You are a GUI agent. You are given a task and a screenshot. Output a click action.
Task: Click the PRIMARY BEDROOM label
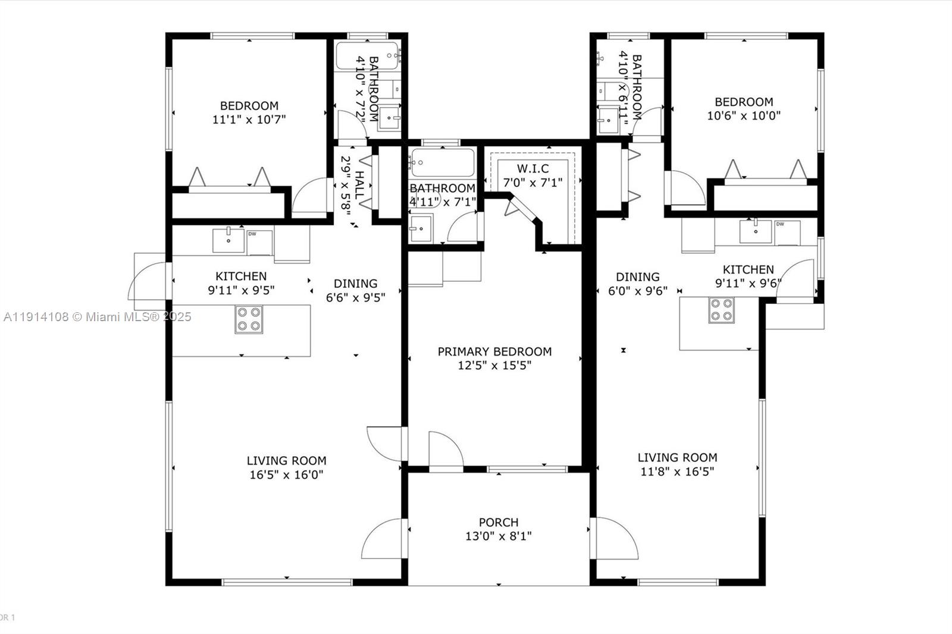click(494, 351)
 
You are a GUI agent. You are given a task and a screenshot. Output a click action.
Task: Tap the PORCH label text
click(499, 522)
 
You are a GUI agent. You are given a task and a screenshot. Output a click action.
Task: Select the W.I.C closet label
click(533, 169)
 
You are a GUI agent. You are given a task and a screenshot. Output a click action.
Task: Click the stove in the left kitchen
click(249, 319)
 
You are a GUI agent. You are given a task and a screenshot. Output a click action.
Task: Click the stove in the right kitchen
click(721, 310)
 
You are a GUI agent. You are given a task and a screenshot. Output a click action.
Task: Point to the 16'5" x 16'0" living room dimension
click(286, 475)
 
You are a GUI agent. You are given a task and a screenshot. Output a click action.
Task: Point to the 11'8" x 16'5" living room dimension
click(677, 472)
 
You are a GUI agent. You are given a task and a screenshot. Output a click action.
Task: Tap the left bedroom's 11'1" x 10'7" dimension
click(249, 120)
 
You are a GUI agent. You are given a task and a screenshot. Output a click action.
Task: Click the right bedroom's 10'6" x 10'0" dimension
click(744, 115)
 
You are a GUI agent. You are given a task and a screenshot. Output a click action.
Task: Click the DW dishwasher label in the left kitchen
click(252, 234)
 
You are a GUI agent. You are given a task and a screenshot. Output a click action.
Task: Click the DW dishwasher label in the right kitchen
click(779, 224)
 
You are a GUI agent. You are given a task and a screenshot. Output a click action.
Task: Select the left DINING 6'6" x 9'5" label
click(355, 290)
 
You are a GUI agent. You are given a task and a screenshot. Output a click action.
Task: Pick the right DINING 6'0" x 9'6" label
click(637, 284)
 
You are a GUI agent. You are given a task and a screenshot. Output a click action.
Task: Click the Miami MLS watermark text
click(97, 317)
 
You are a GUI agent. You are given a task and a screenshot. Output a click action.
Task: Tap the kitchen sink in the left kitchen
click(228, 240)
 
